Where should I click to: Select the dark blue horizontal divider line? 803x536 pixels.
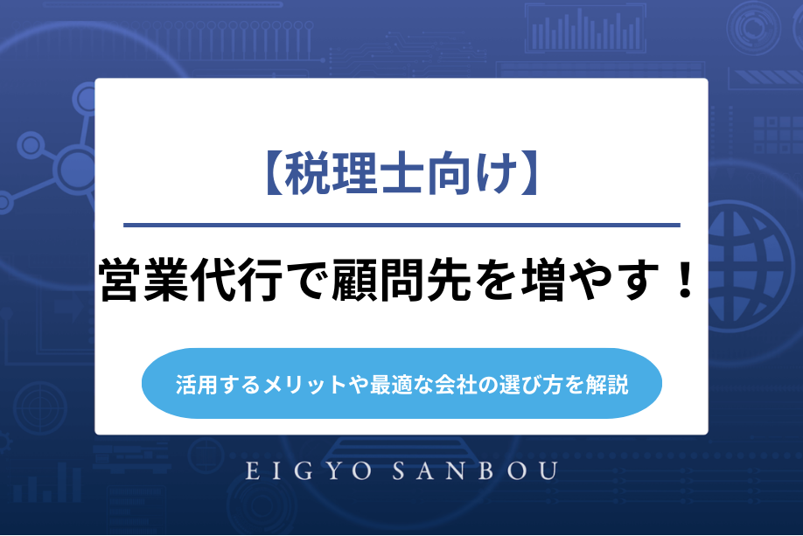[x=401, y=225]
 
